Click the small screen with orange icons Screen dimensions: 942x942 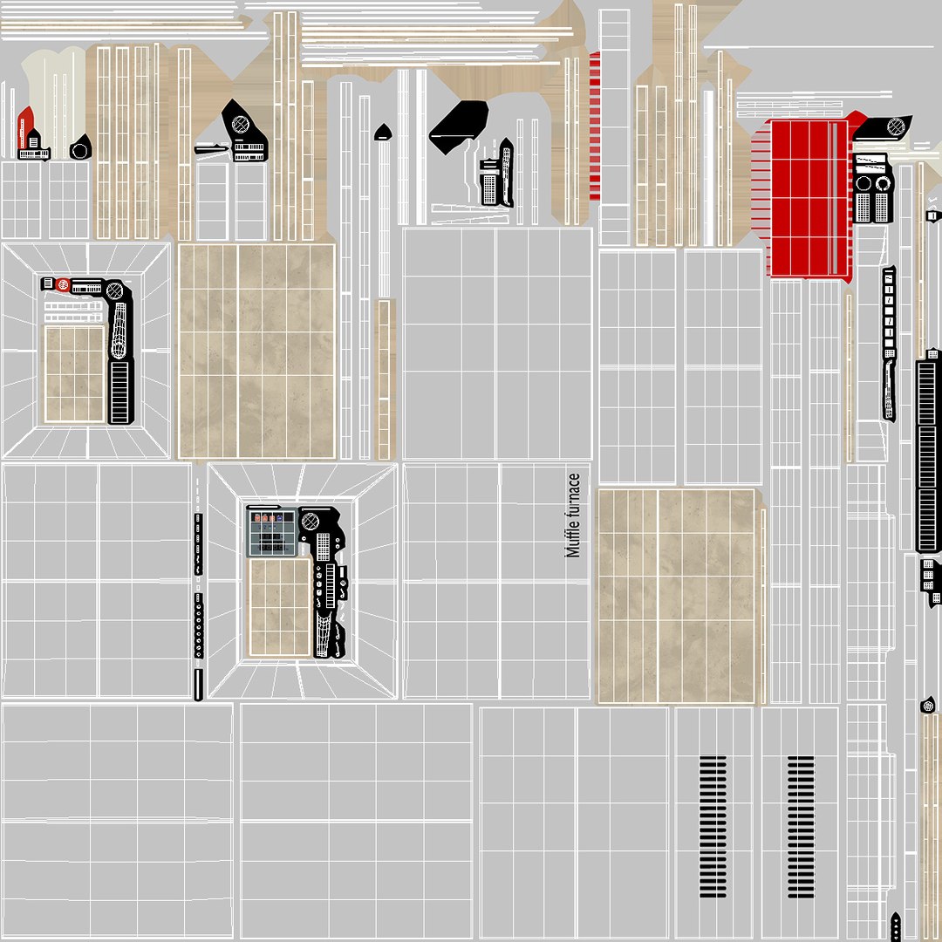pos(273,532)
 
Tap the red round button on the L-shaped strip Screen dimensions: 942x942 pos(63,284)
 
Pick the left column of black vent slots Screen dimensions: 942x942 pos(713,827)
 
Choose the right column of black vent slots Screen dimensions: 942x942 pos(801,827)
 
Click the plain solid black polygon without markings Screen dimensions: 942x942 pos(458,126)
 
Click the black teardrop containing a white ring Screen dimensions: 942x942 pos(80,147)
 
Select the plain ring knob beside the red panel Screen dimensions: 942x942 pos(863,183)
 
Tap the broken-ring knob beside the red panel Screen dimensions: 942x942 pos(883,183)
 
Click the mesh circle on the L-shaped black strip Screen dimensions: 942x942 pos(114,291)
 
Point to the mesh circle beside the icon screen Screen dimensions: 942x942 pos(310,521)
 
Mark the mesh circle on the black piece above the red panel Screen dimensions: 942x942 pos(896,126)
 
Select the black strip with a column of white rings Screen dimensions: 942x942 pos(198,626)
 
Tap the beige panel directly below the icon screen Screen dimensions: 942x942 pos(279,607)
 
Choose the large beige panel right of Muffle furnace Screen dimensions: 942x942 pos(677,596)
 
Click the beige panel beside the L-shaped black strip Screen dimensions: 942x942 pos(75,373)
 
